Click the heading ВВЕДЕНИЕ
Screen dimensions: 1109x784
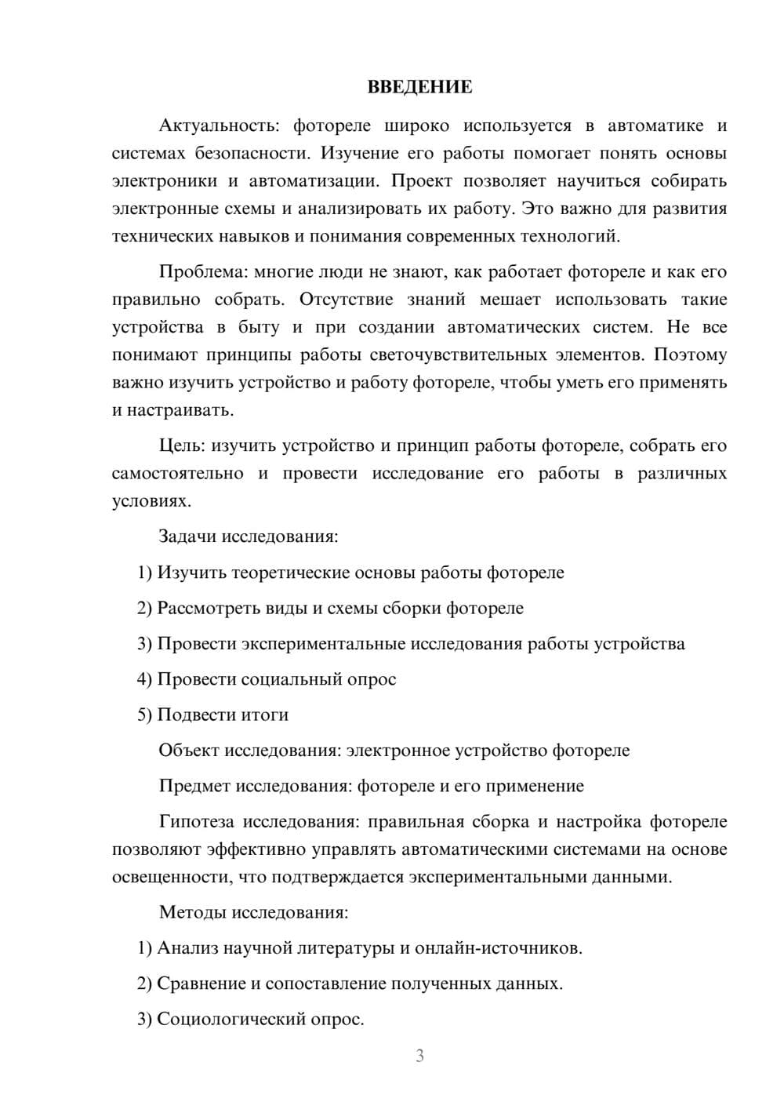(419, 87)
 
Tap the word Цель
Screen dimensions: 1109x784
(181, 446)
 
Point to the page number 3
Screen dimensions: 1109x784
(419, 1056)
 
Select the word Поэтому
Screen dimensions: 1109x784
(690, 355)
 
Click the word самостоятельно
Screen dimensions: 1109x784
(178, 474)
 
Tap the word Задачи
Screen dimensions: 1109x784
(187, 537)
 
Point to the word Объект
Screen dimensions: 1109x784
(189, 751)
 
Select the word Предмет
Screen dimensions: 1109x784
(194, 786)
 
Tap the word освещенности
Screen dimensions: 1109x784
(168, 877)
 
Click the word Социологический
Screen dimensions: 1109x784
(230, 1020)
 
